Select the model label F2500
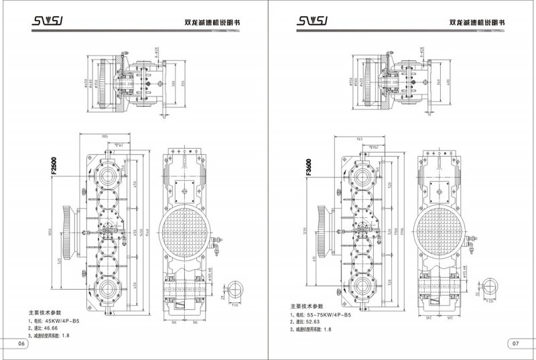[x=53, y=166]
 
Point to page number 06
[x=21, y=344]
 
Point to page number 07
[x=515, y=344]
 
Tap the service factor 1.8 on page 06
[x=65, y=336]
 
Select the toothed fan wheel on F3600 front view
[x=322, y=231]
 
